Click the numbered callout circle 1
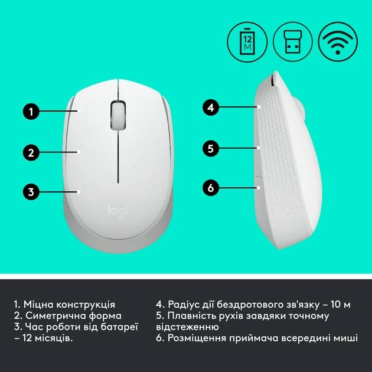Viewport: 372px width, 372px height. coord(31,110)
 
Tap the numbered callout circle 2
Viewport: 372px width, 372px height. coord(31,152)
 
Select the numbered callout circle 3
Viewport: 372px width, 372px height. coord(31,191)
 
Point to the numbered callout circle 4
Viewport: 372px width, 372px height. coord(211,107)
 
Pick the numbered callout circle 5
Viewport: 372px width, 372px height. coord(211,148)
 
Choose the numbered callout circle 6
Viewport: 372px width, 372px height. coord(211,188)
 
